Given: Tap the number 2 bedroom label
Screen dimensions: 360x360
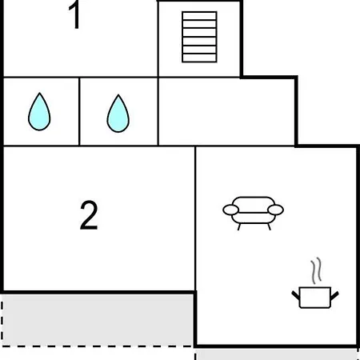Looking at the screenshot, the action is pyautogui.click(x=89, y=215).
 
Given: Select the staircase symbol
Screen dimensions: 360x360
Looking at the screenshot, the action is pyautogui.click(x=199, y=37).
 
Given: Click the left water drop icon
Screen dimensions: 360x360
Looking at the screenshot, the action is pyautogui.click(x=39, y=111).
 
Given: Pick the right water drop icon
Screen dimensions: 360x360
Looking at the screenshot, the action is pyautogui.click(x=118, y=114).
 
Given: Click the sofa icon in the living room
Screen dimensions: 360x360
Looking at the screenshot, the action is pyautogui.click(x=253, y=213).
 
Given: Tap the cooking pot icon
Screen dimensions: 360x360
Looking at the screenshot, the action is pyautogui.click(x=315, y=298).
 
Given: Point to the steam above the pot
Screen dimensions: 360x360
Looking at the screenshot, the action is pyautogui.click(x=316, y=270).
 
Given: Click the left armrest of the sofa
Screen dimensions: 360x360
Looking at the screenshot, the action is pyautogui.click(x=230, y=210).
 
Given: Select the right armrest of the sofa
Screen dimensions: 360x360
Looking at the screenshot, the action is pyautogui.click(x=275, y=210).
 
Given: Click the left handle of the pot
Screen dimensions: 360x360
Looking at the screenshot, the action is pyautogui.click(x=295, y=295).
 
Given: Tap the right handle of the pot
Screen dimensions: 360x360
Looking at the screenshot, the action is pyautogui.click(x=334, y=295).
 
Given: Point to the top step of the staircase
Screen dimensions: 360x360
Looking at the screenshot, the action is pyautogui.click(x=199, y=16).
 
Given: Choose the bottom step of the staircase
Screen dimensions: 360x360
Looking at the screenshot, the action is pyautogui.click(x=199, y=58).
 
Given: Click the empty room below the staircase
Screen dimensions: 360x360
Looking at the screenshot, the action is pyautogui.click(x=227, y=111).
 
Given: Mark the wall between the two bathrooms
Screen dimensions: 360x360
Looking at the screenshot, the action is pyautogui.click(x=79, y=111).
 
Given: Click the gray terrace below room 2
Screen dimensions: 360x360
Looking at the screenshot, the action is pyautogui.click(x=98, y=320).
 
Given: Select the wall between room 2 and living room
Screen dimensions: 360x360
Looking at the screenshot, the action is pyautogui.click(x=195, y=218).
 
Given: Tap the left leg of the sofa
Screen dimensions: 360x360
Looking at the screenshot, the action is pyautogui.click(x=239, y=226).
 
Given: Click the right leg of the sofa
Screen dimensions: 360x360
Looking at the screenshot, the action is pyautogui.click(x=269, y=226).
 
